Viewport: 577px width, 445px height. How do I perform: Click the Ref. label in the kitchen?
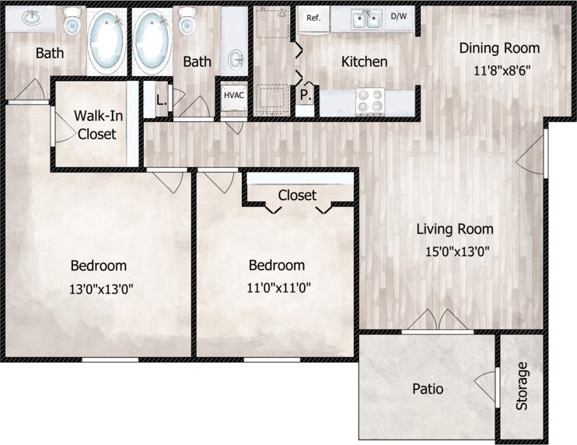click(314, 18)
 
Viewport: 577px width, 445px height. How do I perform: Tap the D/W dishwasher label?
click(398, 16)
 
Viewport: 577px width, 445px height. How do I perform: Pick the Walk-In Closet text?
click(96, 124)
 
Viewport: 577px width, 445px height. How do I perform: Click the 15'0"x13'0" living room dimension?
click(454, 251)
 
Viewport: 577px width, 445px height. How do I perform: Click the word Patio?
click(427, 388)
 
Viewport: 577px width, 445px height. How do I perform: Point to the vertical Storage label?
click(522, 387)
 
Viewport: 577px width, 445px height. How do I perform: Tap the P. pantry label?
click(304, 95)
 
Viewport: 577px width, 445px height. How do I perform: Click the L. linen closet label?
click(160, 100)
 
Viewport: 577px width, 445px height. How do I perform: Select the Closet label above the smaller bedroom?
click(297, 194)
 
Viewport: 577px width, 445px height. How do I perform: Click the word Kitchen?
click(365, 61)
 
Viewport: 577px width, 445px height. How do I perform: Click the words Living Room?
click(454, 229)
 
